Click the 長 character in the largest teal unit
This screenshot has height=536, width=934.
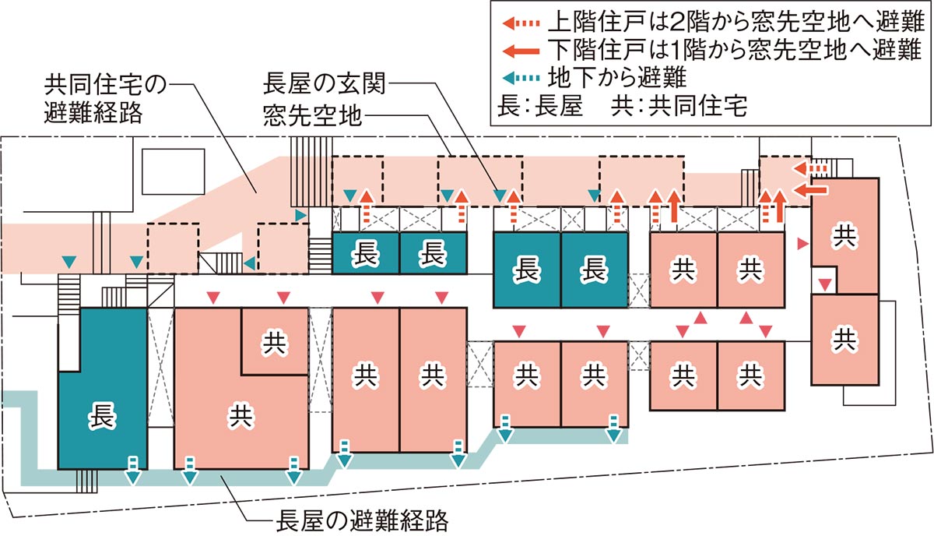coord(103,414)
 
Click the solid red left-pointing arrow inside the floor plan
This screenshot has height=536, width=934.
coord(813,189)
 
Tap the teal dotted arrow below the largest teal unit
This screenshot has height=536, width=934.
coord(132,465)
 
